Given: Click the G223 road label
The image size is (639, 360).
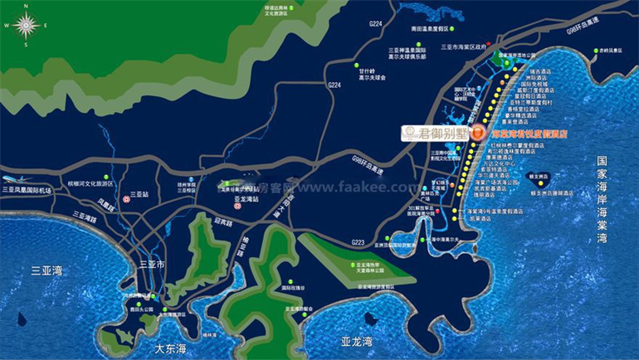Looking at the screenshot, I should tap(358, 242).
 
